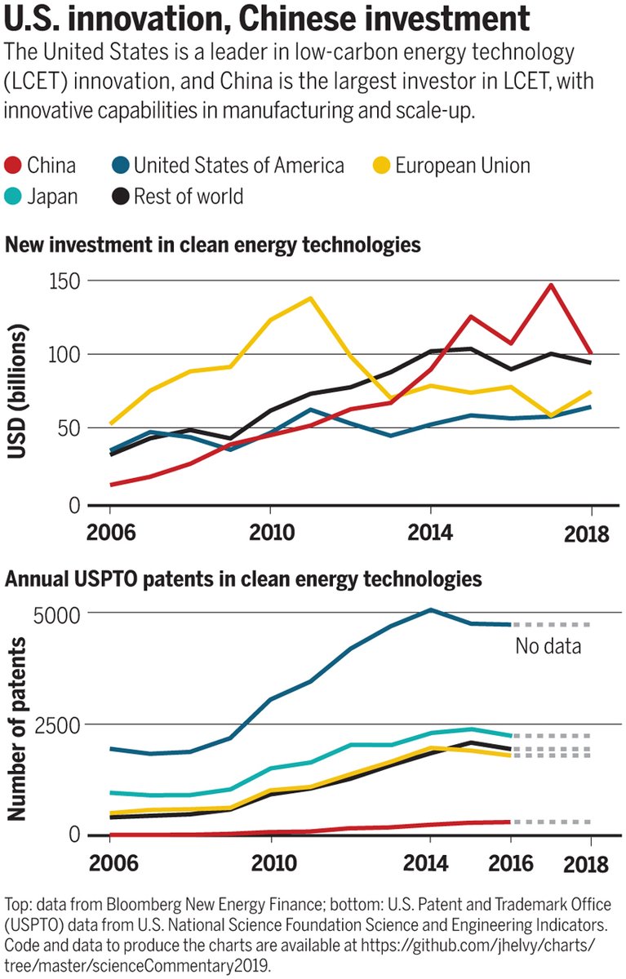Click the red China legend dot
pyautogui.click(x=14, y=166)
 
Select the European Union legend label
pyautogui.click(x=462, y=166)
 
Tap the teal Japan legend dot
pyautogui.click(x=14, y=196)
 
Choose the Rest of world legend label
pyautogui.click(x=188, y=196)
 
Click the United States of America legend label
pyautogui.click(x=238, y=166)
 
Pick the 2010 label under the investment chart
pyautogui.click(x=269, y=534)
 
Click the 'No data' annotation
pyautogui.click(x=548, y=647)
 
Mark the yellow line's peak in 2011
pyautogui.click(x=310, y=298)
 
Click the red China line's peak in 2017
pyautogui.click(x=552, y=286)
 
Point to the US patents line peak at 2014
pyautogui.click(x=431, y=609)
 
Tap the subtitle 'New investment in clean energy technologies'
pyautogui.click(x=213, y=244)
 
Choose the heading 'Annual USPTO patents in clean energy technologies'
pyautogui.click(x=244, y=580)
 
